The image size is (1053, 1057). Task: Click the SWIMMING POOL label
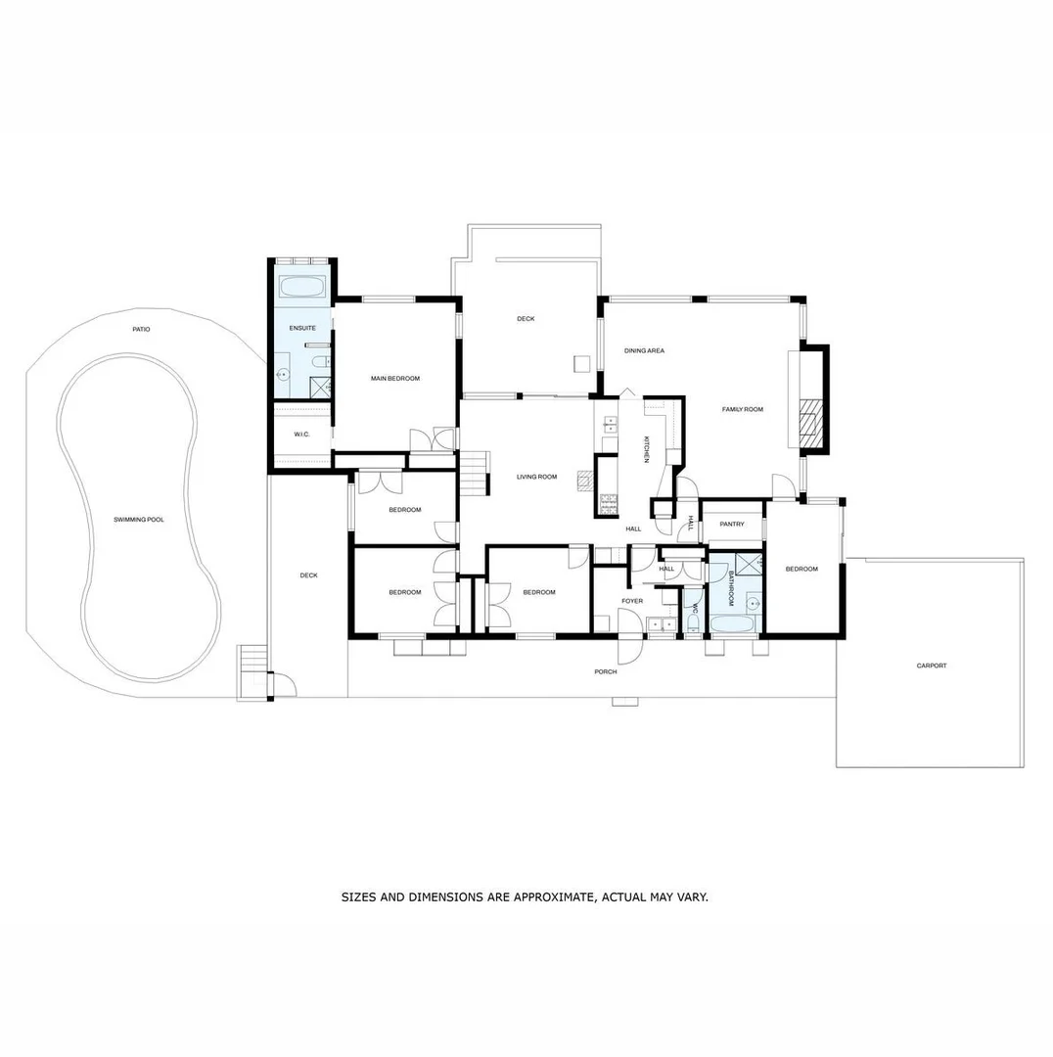coord(138,520)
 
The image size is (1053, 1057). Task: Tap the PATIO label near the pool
coord(142,330)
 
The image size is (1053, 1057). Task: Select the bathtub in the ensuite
coord(301,288)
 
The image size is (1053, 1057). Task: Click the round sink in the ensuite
coord(284,374)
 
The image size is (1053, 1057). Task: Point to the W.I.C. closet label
coord(300,434)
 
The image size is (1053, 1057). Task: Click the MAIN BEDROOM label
coord(394,379)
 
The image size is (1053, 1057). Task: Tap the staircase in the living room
coord(474,472)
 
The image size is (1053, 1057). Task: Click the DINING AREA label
coord(644,350)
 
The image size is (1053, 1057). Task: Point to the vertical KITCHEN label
coord(646,449)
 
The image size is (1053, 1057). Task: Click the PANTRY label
coord(731,525)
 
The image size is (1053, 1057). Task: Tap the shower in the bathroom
coord(749,564)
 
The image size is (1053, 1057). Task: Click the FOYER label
coord(632,601)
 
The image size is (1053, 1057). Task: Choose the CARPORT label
coord(931,666)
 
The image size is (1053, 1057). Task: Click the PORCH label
coord(606,672)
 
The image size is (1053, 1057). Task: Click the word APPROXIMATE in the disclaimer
coord(546,896)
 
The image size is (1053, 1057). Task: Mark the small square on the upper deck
coord(581,363)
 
